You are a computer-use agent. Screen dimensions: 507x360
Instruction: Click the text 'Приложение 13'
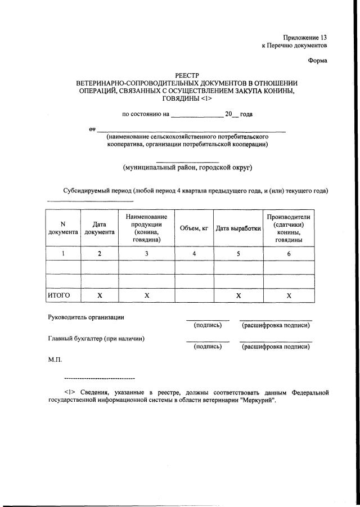tap(304, 37)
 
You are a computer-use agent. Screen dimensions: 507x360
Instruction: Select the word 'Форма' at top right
tap(317, 61)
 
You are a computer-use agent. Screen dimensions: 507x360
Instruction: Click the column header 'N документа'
tap(63, 228)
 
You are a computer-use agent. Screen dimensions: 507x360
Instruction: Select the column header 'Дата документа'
tap(100, 228)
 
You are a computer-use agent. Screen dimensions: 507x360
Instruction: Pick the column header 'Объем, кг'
tap(194, 228)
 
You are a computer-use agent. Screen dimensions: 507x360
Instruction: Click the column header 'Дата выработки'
tap(238, 228)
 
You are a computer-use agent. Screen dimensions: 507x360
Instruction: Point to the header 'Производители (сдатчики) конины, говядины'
tap(289, 228)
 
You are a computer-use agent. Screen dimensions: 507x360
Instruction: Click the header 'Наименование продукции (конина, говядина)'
tap(146, 228)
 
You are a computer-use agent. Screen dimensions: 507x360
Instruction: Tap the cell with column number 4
tap(194, 254)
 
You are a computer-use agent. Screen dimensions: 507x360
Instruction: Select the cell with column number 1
tap(63, 254)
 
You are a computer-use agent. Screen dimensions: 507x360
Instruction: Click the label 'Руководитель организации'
tap(87, 317)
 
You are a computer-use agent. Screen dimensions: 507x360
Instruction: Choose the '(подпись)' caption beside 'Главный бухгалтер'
tap(208, 347)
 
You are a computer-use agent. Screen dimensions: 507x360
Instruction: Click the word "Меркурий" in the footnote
tap(257, 407)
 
